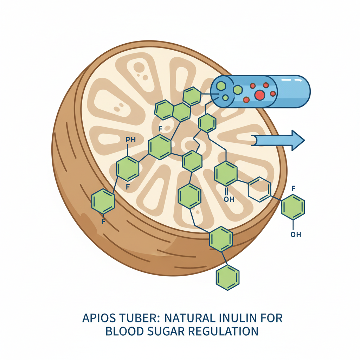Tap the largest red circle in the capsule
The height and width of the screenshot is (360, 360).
tap(260, 95)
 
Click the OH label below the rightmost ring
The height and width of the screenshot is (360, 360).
tap(296, 234)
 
